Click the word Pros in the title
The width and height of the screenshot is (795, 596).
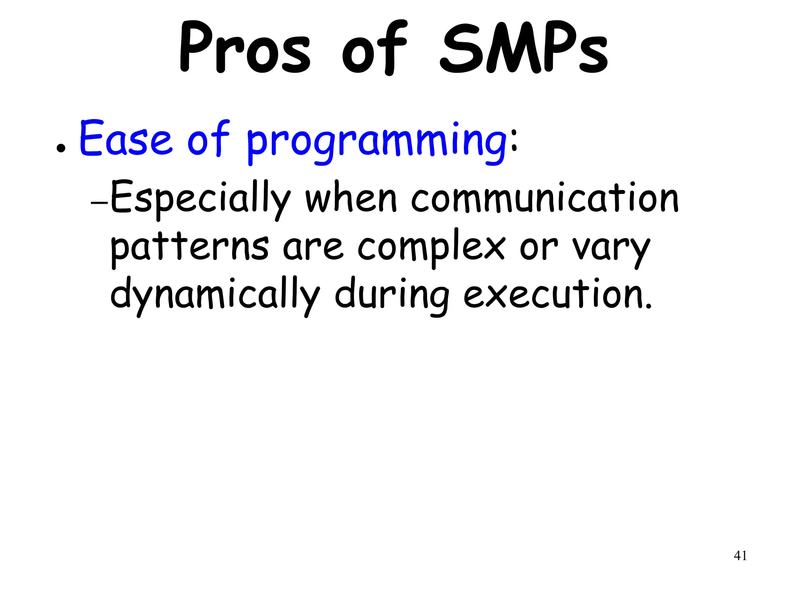[245, 49]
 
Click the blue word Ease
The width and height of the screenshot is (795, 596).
[125, 139]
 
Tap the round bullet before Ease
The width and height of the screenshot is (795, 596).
[60, 148]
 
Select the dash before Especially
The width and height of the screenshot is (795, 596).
[99, 203]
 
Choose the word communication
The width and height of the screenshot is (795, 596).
[545, 198]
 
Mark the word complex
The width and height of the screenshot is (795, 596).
[431, 248]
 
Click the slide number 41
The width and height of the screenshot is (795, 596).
[740, 556]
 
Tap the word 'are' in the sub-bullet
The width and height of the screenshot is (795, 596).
[313, 248]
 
